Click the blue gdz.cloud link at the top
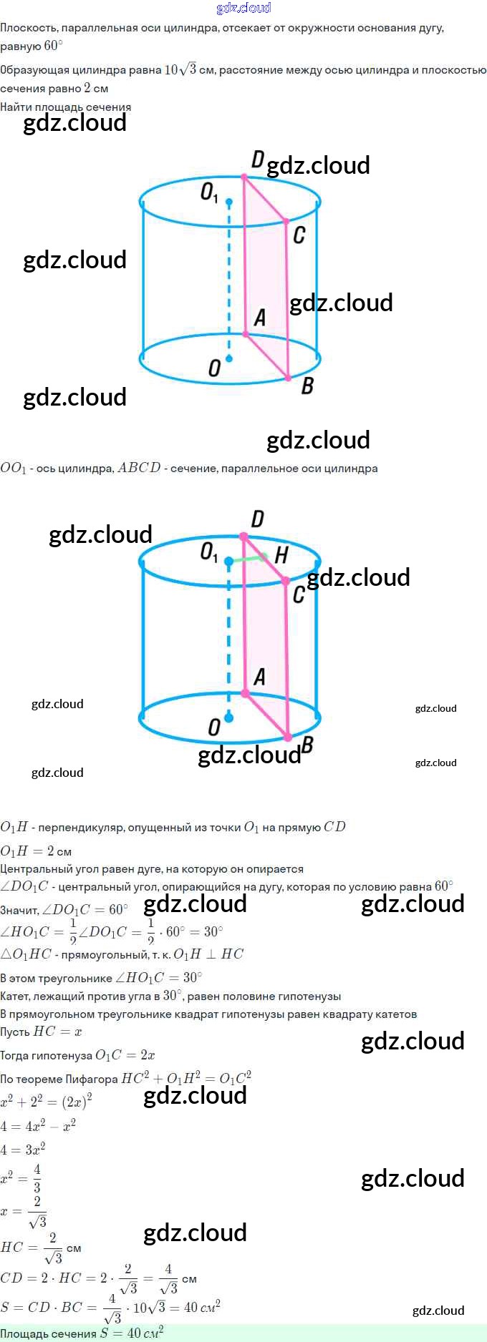click(243, 8)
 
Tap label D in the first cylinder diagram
click(258, 160)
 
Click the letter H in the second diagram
click(281, 555)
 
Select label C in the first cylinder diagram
click(299, 235)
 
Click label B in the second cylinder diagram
click(307, 744)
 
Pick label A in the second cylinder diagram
click(259, 677)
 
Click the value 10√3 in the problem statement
click(180, 69)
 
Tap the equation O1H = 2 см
click(36, 851)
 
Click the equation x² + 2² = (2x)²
click(46, 1102)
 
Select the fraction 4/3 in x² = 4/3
click(37, 1178)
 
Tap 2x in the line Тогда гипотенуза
click(148, 1055)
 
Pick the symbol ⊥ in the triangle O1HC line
click(211, 954)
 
